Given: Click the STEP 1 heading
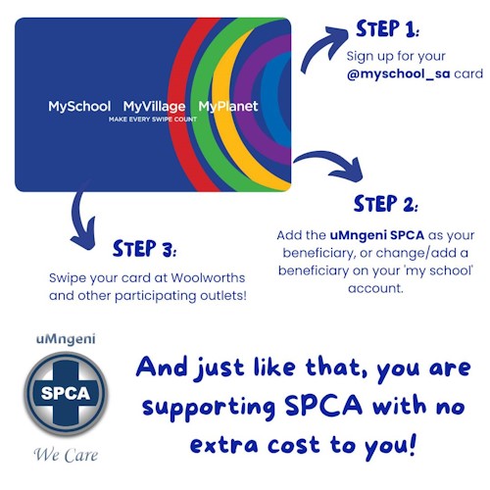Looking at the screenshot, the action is [x=387, y=28].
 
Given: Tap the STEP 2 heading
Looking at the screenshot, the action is [x=385, y=204].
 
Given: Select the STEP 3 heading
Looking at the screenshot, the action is [x=144, y=249].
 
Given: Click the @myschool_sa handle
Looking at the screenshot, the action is [x=399, y=73].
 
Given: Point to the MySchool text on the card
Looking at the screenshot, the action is [x=79, y=107].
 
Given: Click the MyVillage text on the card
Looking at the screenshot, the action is [x=154, y=107].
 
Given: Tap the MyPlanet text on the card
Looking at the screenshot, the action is [x=228, y=107].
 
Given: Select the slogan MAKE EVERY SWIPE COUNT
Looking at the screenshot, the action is [x=153, y=120].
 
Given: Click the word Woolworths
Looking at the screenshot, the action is [x=208, y=278].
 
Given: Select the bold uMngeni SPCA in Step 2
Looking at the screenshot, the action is [x=377, y=235].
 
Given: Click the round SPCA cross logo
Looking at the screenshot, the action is [x=66, y=394].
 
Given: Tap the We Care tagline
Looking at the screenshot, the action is [x=66, y=455].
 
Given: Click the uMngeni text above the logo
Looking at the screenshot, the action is [x=66, y=339].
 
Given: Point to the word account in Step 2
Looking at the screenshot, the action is [x=375, y=288].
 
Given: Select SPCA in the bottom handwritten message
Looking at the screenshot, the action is [x=323, y=405].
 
